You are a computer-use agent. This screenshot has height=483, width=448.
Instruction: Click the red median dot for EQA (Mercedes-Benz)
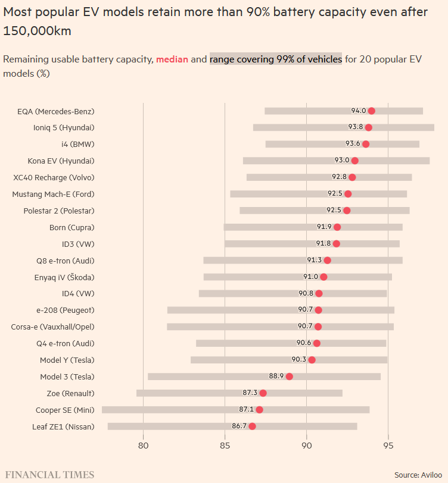(x=372, y=111)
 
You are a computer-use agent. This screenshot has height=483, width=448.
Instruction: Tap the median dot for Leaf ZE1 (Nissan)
(x=252, y=426)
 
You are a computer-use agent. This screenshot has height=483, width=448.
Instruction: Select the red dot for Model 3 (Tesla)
(x=289, y=377)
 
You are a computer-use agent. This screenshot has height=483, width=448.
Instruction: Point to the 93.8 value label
(x=356, y=127)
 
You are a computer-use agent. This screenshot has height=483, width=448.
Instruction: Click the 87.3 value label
(x=250, y=393)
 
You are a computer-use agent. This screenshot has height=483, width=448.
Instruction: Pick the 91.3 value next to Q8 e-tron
(x=315, y=260)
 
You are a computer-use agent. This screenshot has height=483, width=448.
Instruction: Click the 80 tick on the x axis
(x=143, y=446)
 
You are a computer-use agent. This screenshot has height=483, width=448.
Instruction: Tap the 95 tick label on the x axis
(x=388, y=446)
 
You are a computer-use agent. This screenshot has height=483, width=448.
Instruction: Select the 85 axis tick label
(x=225, y=446)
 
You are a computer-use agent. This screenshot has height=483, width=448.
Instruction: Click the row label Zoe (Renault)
(x=70, y=393)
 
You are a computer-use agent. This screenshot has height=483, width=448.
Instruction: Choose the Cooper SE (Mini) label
(x=65, y=410)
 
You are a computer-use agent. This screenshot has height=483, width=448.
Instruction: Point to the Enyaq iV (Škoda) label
(x=64, y=277)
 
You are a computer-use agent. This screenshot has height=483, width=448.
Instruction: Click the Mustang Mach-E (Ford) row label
(x=53, y=194)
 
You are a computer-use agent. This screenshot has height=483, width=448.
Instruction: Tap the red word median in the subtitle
(x=172, y=59)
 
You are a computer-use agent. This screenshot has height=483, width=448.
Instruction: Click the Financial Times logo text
(x=49, y=475)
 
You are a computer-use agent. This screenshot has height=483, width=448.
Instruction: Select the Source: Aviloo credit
(x=418, y=475)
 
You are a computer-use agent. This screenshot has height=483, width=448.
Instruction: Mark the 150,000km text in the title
(x=38, y=31)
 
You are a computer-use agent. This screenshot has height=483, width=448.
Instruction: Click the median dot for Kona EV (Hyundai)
(x=355, y=161)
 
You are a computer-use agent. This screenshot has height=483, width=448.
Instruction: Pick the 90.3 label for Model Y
(x=298, y=359)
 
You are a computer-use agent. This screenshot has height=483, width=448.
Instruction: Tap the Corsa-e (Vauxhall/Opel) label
(x=52, y=327)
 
